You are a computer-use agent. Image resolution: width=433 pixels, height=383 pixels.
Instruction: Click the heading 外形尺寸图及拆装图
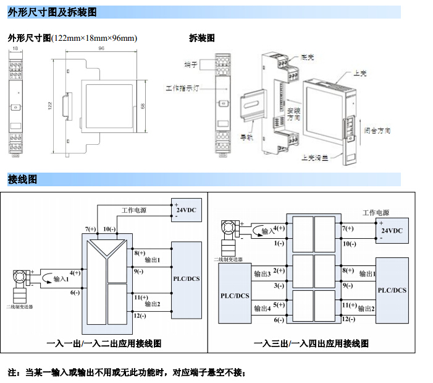tap(51, 12)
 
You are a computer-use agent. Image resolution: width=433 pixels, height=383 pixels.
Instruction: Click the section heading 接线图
tap(22, 179)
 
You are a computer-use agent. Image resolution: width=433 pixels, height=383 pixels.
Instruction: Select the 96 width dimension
tap(101, 48)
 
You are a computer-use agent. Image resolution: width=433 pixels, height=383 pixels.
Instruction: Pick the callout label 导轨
tap(246, 138)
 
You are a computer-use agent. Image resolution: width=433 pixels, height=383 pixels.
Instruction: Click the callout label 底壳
tap(308, 58)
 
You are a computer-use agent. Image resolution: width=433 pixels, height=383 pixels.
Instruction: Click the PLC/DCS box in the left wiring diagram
tap(187, 279)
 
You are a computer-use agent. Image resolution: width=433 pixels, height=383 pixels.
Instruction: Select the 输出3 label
tap(263, 273)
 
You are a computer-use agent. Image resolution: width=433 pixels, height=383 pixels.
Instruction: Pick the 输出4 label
tap(263, 308)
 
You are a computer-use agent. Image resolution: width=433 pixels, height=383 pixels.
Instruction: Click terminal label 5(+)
tap(279, 304)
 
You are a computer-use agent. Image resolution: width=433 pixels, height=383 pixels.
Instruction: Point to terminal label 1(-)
tap(279, 243)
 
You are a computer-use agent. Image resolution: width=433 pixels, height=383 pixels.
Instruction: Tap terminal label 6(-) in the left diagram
tap(75, 292)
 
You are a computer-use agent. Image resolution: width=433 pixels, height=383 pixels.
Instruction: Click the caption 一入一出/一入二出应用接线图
tap(104, 343)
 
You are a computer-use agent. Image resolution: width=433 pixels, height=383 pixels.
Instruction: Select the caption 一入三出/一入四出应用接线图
tap(311, 343)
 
